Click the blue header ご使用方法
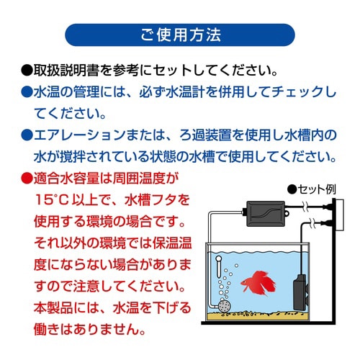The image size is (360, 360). [180, 35]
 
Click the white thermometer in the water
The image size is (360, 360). [214, 268]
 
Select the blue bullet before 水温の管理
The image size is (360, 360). [27, 94]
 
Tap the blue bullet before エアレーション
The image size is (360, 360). [27, 135]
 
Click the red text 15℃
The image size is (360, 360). [53, 199]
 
